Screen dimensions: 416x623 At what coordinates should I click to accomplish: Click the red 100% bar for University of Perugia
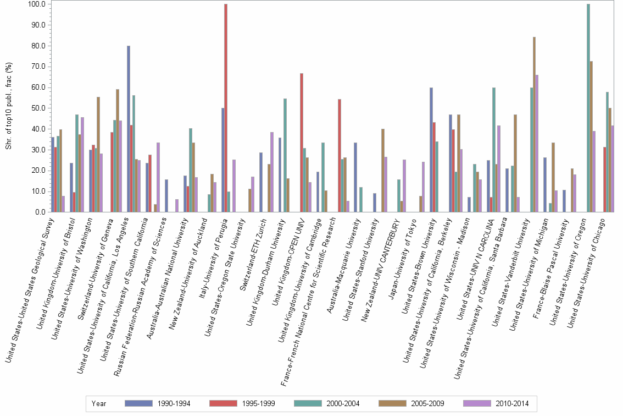point(226,108)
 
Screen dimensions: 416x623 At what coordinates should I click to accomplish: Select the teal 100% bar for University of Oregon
point(588,108)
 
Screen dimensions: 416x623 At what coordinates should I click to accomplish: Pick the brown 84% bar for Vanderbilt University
point(534,124)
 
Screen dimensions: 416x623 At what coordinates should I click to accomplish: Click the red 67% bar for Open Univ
point(302,143)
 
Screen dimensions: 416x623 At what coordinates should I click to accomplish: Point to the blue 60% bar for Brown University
point(431,150)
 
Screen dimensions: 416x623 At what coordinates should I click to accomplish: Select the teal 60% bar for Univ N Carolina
point(494,150)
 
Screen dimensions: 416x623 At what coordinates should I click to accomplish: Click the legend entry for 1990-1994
point(157,403)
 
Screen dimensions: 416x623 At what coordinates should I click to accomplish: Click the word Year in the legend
point(99,403)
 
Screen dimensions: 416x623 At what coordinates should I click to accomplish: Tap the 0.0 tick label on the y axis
point(40,212)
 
